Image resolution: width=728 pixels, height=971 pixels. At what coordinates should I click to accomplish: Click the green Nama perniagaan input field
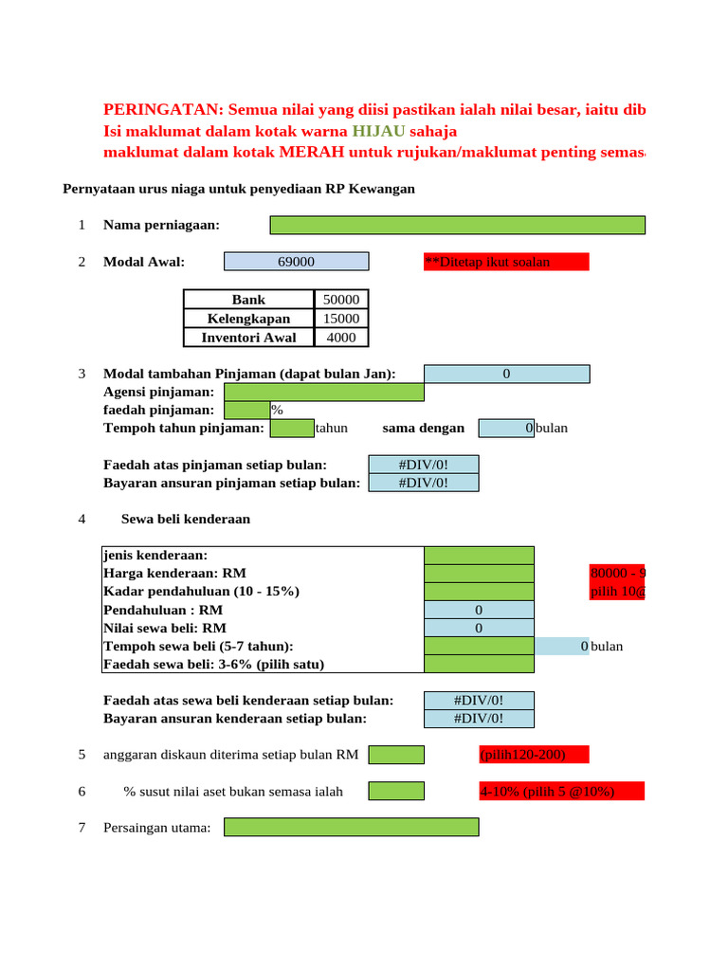tap(458, 225)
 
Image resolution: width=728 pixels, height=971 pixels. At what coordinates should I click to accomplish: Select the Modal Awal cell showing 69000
tap(297, 262)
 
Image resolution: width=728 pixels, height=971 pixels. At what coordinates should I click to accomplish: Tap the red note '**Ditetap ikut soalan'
tap(506, 262)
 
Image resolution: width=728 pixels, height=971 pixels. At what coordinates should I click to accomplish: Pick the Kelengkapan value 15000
tap(341, 319)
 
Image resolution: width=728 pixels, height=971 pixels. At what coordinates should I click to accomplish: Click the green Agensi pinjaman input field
tap(324, 393)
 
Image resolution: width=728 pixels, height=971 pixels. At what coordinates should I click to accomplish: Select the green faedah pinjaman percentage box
tap(246, 410)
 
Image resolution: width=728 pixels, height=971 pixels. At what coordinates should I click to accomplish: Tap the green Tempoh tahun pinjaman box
tap(292, 428)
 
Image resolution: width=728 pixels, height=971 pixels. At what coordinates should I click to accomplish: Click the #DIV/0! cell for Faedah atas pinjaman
tap(424, 465)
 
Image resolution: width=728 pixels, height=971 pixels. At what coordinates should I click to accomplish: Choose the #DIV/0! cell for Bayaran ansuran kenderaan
tap(479, 719)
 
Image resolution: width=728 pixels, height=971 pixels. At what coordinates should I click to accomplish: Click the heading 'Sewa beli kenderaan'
tap(186, 520)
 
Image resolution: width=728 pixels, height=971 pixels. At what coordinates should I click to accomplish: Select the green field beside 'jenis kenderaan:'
tap(479, 556)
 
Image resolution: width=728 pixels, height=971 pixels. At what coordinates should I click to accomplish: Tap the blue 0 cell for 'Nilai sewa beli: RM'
tap(479, 628)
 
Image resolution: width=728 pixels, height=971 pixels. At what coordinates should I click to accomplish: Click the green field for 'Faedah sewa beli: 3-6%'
tap(479, 664)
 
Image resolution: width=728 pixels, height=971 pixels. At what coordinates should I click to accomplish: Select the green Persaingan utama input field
tap(352, 828)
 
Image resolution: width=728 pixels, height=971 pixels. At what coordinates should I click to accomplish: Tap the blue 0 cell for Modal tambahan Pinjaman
tap(506, 375)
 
